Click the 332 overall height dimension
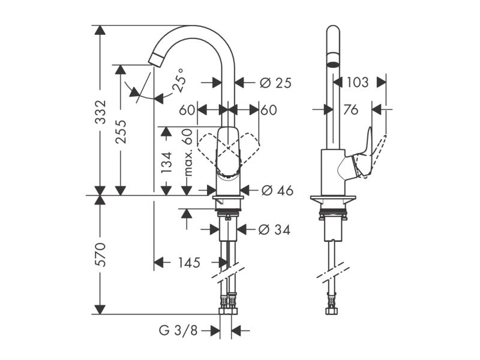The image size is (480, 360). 100,112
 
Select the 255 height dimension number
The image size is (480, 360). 121,131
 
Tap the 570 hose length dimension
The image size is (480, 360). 100,254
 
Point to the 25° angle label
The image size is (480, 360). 179,80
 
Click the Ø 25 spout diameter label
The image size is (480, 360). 275,83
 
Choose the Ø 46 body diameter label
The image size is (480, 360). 277,191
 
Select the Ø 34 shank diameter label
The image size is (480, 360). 274,230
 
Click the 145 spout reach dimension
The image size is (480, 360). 189,263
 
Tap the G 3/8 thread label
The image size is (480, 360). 178,331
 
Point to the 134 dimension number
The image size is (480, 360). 167,162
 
